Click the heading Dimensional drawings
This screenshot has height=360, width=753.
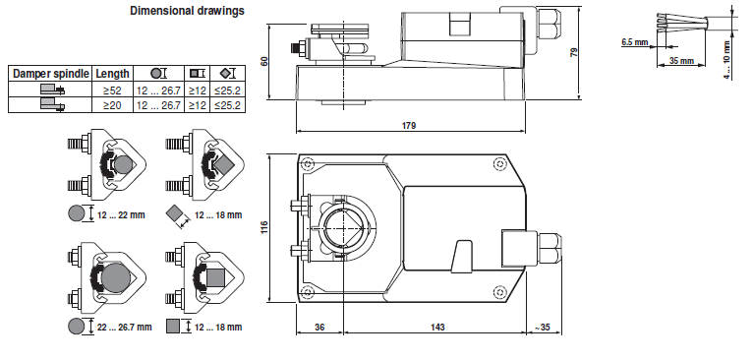pos(187,11)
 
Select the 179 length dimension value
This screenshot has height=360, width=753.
pos(409,126)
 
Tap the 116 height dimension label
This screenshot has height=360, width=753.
pos(263,228)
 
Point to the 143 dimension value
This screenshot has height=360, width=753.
pos(437,328)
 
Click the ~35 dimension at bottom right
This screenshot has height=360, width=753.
pos(543,328)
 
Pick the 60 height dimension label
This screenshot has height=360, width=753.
pos(264,62)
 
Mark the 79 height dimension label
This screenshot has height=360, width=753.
pos(573,52)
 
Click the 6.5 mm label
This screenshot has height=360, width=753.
pos(634,42)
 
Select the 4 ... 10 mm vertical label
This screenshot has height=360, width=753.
pos(727,60)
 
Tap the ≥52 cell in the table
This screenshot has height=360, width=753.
pos(112,90)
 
